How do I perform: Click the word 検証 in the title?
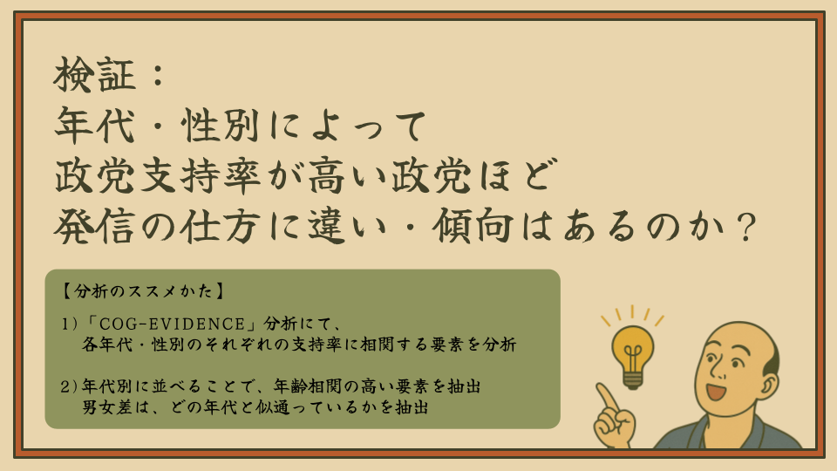tap(94, 75)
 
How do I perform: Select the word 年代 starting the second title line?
tap(94, 126)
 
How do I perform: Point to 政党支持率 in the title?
tap(158, 176)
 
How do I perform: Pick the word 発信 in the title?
tap(94, 227)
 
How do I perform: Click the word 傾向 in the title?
tap(473, 227)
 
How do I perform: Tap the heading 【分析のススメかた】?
tap(142, 291)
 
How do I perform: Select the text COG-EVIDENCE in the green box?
tap(172, 324)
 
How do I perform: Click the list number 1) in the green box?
tap(70, 324)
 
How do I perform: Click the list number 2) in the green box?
tap(70, 386)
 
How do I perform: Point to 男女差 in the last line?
tap(106, 407)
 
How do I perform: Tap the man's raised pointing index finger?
tap(607, 396)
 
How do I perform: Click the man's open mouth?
tap(715, 391)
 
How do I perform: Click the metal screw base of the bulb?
tap(633, 381)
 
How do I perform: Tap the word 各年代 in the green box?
tap(106, 345)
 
